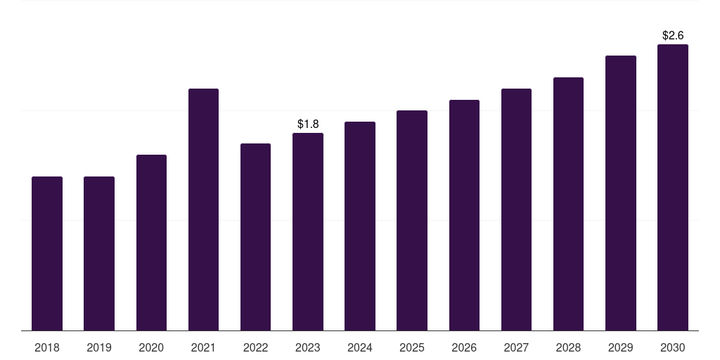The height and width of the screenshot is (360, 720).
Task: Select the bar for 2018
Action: tap(47, 253)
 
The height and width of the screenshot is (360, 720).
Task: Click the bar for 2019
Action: tap(99, 253)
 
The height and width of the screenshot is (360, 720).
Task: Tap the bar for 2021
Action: tap(203, 210)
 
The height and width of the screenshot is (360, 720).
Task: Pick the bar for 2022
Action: tap(255, 237)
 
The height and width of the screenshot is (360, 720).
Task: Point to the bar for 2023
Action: tap(308, 231)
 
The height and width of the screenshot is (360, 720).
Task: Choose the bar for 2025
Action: tap(412, 220)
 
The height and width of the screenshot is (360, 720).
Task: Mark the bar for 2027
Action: tap(516, 210)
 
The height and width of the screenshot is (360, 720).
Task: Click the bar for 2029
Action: tap(621, 193)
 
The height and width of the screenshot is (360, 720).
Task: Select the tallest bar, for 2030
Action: tap(673, 187)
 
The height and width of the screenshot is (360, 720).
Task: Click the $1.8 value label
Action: tap(308, 124)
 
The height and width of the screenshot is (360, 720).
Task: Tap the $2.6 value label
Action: tap(673, 35)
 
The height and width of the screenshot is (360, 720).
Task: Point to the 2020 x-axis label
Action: tap(151, 347)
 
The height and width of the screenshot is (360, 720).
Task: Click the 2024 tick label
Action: tap(360, 347)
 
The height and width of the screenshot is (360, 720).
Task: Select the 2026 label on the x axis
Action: tap(464, 347)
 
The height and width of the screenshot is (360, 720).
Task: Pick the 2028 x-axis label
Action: tap(568, 347)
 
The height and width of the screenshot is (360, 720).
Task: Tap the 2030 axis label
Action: tap(673, 347)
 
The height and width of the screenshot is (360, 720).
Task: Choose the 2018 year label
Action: tap(47, 347)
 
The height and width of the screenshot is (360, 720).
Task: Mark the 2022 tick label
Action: tap(255, 347)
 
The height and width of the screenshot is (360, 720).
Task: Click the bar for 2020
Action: tap(152, 243)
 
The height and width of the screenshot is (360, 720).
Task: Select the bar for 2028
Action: tap(568, 204)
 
